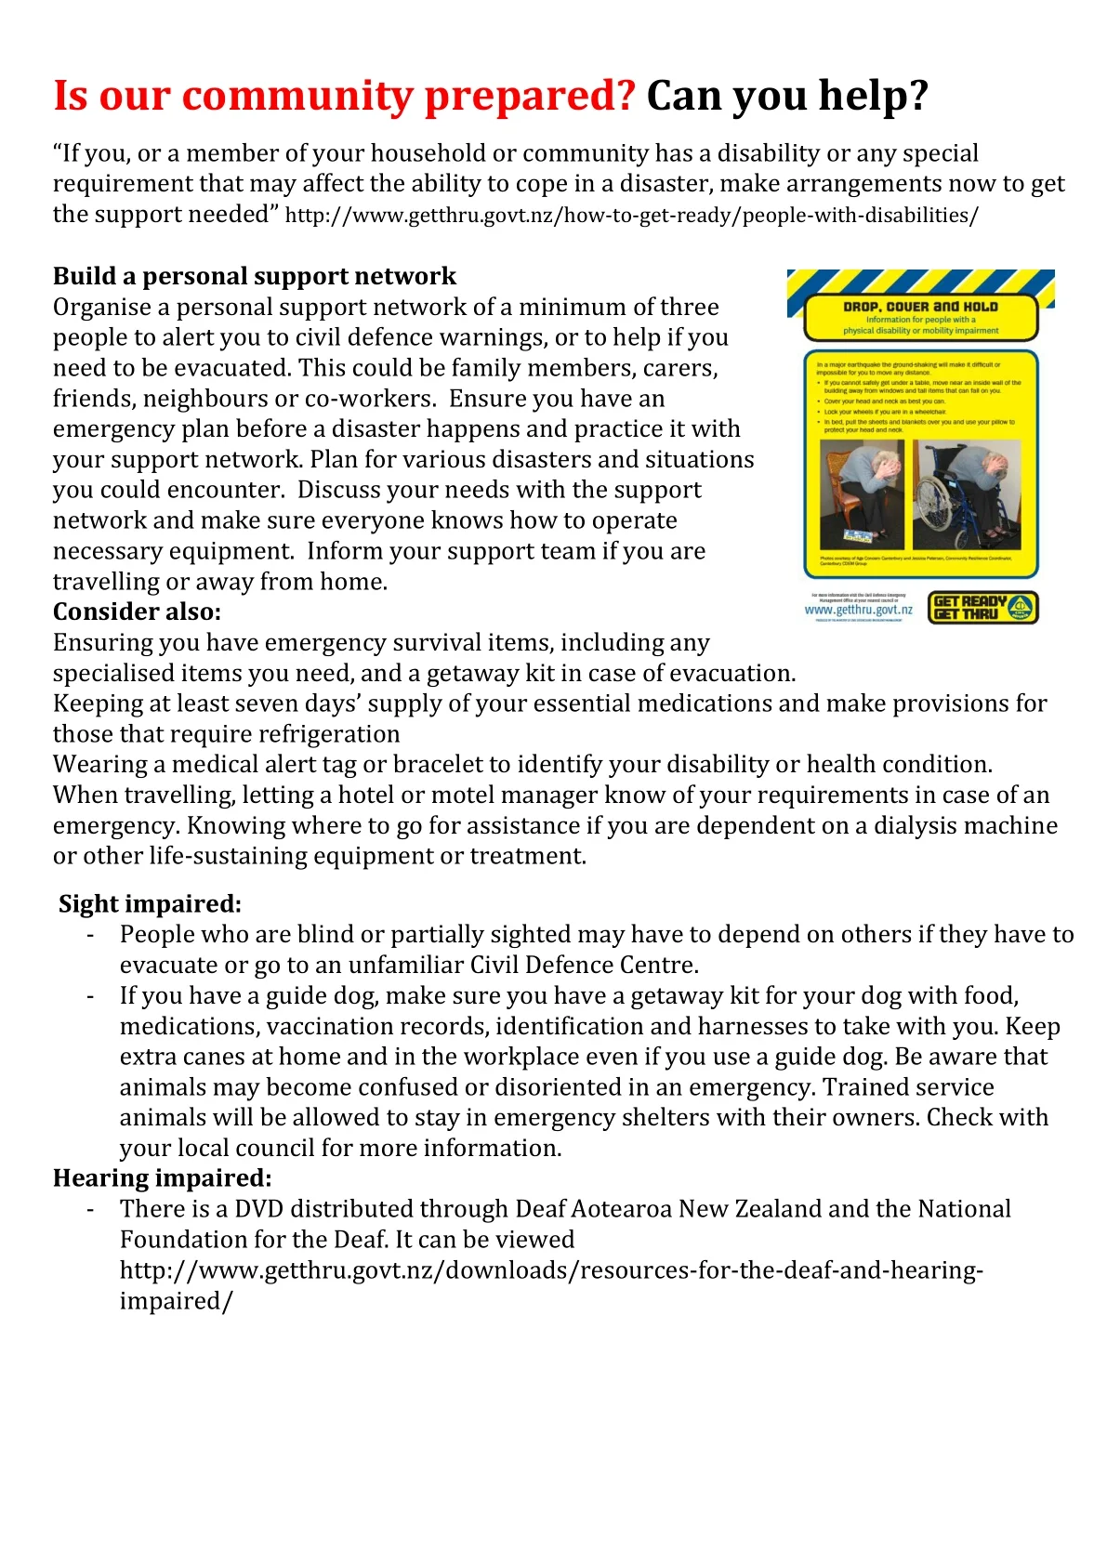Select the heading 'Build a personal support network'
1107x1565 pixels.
[x=254, y=276]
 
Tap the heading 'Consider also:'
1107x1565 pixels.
[x=137, y=612]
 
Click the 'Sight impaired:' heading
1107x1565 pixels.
[x=150, y=904]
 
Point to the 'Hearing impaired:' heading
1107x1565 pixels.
[x=162, y=1178]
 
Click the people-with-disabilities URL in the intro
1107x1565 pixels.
[x=631, y=216]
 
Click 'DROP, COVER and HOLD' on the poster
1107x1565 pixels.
[x=920, y=307]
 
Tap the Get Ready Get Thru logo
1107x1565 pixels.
[x=982, y=608]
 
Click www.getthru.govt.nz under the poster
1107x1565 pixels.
[x=858, y=611]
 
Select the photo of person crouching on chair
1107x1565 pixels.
[x=862, y=494]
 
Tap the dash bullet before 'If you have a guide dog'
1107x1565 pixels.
[x=90, y=996]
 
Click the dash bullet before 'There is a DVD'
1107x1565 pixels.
[x=90, y=1209]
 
